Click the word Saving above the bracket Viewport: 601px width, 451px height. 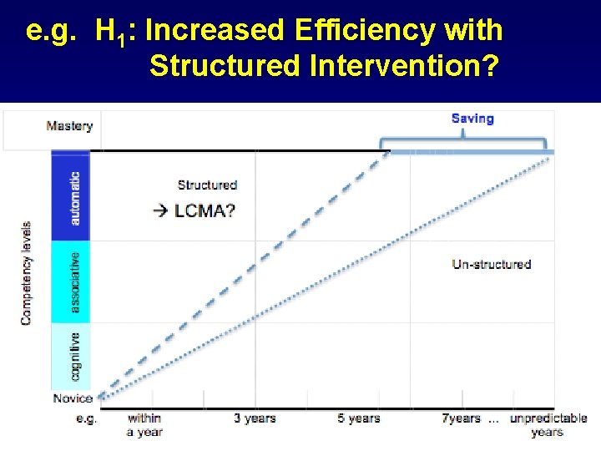coord(472,119)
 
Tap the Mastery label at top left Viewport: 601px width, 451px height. coord(69,126)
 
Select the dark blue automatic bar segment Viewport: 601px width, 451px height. coord(72,197)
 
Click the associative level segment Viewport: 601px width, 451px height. coord(72,282)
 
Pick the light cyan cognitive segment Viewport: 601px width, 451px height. coord(72,355)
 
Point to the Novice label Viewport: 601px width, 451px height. coord(73,398)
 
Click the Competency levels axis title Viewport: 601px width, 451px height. coord(27,272)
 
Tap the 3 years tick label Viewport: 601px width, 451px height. coord(255,418)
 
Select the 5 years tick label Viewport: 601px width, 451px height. coord(359,418)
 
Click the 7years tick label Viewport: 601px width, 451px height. coord(461,418)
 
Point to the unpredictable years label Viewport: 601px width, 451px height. coord(548,425)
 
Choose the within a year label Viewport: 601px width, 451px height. coord(144,425)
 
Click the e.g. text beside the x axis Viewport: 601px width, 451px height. coord(86,418)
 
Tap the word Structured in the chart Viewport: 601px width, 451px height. coord(207,185)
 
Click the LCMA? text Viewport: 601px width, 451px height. coord(205,210)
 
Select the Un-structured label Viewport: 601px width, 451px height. coord(492,264)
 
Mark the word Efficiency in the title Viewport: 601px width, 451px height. coord(353,31)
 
